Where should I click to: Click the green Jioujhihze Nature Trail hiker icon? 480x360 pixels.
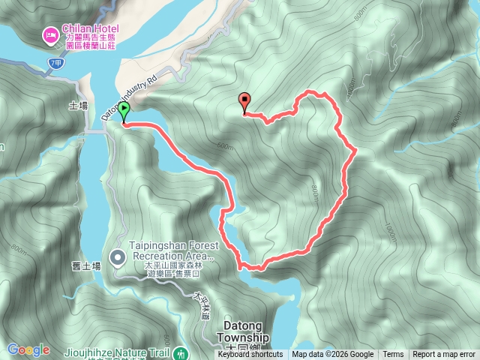(x=180, y=352)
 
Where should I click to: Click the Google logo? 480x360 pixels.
(x=28, y=349)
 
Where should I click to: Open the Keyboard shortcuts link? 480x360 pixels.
(x=250, y=355)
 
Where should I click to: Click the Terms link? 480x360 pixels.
(x=393, y=355)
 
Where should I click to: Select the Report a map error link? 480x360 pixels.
(x=444, y=355)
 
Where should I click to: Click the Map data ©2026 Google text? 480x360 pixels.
(x=332, y=355)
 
